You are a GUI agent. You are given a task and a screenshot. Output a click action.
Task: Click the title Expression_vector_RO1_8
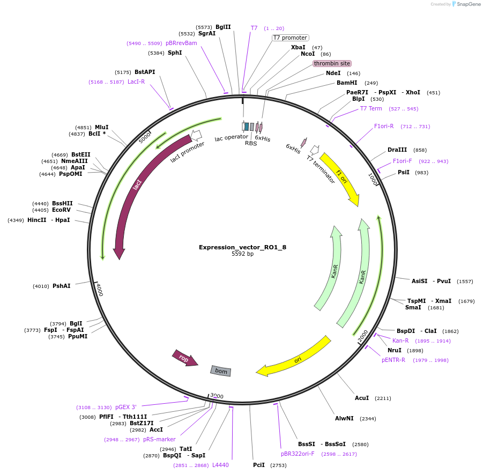(x=242, y=247)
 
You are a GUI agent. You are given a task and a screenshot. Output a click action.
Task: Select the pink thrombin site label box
(x=332, y=63)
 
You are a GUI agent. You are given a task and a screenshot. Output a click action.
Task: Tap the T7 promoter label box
(x=290, y=38)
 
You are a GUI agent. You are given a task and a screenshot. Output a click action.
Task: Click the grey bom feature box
(x=221, y=371)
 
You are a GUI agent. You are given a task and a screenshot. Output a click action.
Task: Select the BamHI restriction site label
(x=346, y=83)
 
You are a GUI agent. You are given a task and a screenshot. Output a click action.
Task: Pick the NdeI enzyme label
(x=333, y=73)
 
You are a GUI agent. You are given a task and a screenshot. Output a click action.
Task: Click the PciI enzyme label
(x=259, y=465)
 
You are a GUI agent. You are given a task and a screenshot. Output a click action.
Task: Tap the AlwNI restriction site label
(x=344, y=418)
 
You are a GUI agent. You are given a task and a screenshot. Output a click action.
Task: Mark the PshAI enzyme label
(x=61, y=286)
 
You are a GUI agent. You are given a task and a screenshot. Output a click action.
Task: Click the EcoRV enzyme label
(x=61, y=210)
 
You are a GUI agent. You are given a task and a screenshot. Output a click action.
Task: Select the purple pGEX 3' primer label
(x=125, y=407)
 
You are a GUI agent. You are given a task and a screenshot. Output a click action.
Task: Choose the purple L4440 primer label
(x=220, y=465)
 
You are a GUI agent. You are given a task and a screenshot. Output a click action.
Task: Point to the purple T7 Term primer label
(x=371, y=108)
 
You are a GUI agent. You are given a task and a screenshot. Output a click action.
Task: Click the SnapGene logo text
(x=467, y=4)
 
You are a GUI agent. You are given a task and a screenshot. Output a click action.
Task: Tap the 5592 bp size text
(x=242, y=254)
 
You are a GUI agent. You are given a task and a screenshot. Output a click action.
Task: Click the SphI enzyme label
(x=175, y=53)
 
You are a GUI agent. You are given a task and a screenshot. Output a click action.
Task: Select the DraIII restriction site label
(x=397, y=150)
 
